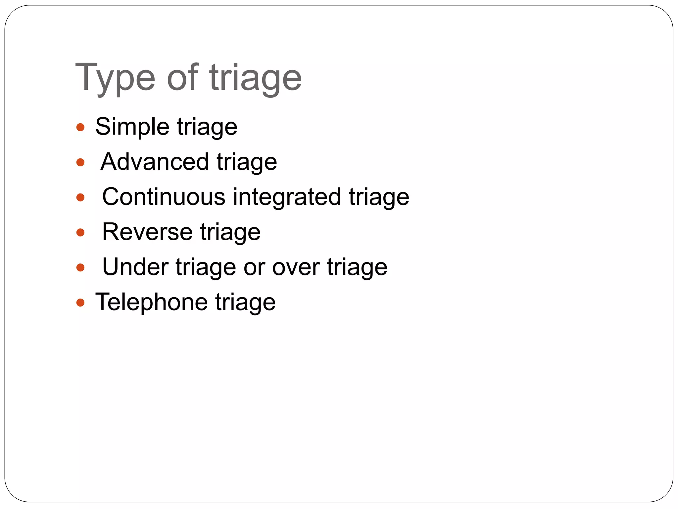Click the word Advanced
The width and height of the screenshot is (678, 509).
pos(154,162)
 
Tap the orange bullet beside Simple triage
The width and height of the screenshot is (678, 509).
pos(80,127)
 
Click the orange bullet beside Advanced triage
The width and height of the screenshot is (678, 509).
pos(80,162)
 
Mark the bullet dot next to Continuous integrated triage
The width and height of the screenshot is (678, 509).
pos(80,198)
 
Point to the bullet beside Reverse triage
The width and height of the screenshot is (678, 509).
pos(80,232)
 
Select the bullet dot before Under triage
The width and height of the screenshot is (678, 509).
pos(80,267)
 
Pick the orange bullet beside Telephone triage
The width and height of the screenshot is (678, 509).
pos(80,302)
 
